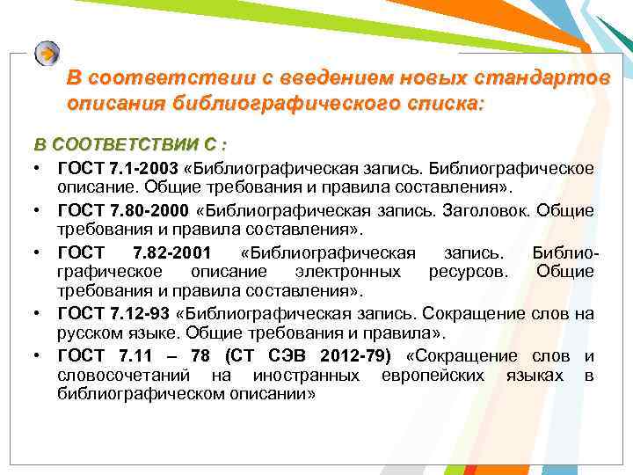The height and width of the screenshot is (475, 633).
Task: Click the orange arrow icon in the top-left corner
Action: pos(47,54)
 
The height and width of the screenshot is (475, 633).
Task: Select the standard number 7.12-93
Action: pos(142,314)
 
